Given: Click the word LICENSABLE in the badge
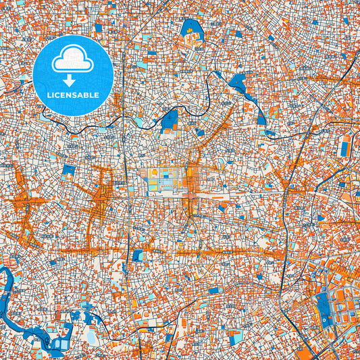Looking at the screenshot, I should point(72,95).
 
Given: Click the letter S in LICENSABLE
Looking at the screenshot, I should point(76,95).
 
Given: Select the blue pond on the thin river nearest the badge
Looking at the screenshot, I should point(170,120).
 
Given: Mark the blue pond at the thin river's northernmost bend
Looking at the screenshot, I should point(238,84).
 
